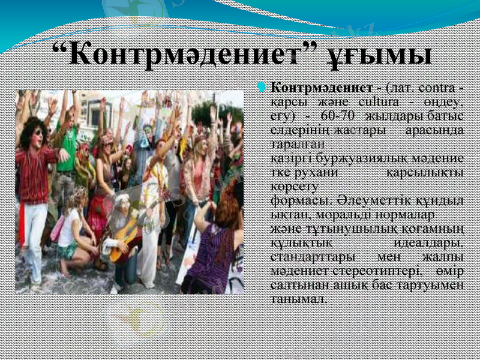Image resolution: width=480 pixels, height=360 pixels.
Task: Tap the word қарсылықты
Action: (x=424, y=172)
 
